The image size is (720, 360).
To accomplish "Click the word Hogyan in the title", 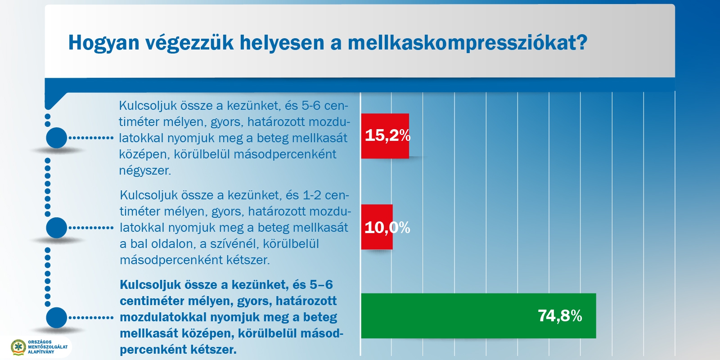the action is tap(103, 43).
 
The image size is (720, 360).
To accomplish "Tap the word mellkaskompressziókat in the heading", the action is tap(468, 42).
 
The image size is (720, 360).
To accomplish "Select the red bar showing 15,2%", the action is tap(385, 136).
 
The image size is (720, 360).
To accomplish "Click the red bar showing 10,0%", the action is tap(377, 227).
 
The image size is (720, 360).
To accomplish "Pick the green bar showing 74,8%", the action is tap(479, 315).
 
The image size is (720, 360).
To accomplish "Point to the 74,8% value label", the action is tap(560, 316).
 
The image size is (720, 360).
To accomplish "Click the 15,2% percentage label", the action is tap(387, 135).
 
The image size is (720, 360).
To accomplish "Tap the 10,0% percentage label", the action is tap(387, 228).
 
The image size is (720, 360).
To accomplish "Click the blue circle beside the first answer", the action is tap(57, 138).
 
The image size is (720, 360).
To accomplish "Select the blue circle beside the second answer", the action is tap(57, 228).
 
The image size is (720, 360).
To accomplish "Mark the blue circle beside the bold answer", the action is tap(57, 318).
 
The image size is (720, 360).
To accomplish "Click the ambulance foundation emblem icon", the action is tap(18, 347).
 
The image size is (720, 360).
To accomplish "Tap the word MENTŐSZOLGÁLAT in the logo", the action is tap(48, 347).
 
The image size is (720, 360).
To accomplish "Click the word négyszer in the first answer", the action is tap(145, 171).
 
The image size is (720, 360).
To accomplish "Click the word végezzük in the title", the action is tap(189, 43).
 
